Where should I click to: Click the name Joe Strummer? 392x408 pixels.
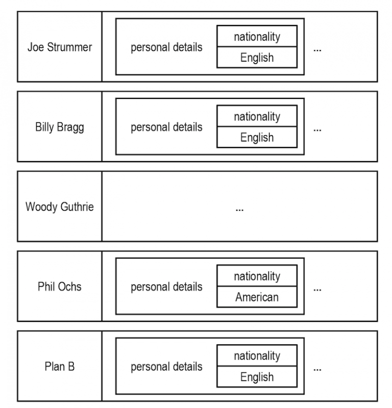click(x=60, y=47)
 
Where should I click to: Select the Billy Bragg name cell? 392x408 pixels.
click(x=60, y=127)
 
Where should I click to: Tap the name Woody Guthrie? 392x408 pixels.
click(x=60, y=207)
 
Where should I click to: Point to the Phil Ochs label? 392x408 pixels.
click(x=60, y=287)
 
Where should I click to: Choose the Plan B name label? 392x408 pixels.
click(x=60, y=366)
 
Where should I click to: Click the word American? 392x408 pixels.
click(x=257, y=297)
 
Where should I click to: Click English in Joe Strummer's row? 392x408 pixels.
click(x=257, y=58)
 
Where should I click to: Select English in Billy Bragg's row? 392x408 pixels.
click(x=257, y=138)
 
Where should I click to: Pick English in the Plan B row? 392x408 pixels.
click(x=257, y=377)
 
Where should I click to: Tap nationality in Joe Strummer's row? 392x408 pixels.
click(x=257, y=37)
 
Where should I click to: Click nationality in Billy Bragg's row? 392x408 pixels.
click(x=257, y=117)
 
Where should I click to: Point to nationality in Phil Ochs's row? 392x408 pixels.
click(x=257, y=276)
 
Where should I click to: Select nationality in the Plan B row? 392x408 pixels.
click(x=257, y=356)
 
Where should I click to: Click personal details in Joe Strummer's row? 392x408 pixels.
click(x=166, y=47)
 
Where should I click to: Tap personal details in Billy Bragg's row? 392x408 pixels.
click(x=166, y=127)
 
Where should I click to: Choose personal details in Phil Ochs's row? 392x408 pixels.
click(x=166, y=287)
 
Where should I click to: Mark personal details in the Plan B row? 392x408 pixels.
click(x=166, y=367)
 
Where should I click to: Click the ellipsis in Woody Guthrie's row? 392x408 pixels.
click(x=239, y=210)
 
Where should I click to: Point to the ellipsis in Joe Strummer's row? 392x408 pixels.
click(x=317, y=50)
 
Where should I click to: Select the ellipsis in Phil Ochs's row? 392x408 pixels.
click(x=317, y=290)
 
